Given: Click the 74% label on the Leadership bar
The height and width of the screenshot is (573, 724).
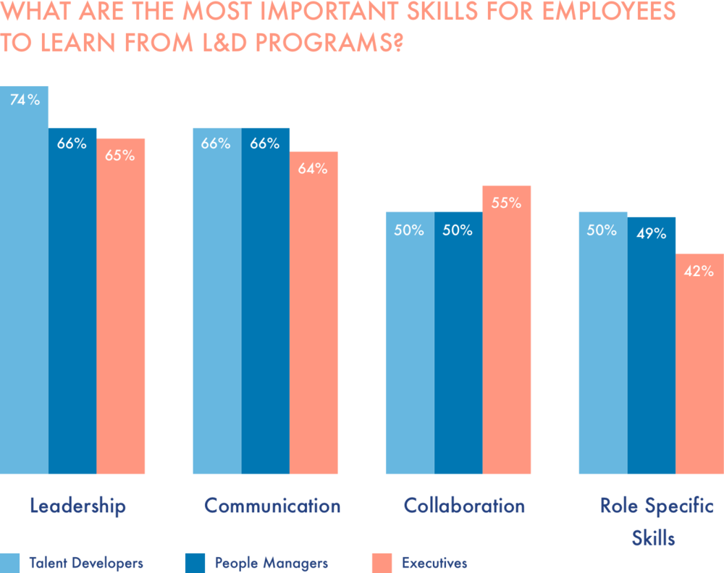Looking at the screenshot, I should [25, 101].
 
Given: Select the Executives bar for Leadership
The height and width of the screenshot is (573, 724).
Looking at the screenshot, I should [122, 311].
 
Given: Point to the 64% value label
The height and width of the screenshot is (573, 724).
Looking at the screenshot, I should [313, 169].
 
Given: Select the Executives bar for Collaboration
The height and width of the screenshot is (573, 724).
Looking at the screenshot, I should [507, 333].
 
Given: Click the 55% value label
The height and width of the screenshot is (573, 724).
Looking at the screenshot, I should [506, 204].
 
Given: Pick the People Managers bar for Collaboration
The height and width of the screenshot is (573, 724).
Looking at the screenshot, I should [458, 348].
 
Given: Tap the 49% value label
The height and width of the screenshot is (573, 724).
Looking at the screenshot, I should [652, 234].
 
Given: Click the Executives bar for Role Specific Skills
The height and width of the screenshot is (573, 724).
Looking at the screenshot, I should [699, 369].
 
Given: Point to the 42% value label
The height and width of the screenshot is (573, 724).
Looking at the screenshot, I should [699, 272].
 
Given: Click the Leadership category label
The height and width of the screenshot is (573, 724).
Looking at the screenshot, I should [77, 506].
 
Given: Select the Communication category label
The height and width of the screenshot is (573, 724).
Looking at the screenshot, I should [272, 506].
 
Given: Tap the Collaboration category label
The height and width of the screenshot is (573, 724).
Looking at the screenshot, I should [464, 506].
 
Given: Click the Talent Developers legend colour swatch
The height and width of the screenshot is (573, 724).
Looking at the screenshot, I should [10, 563].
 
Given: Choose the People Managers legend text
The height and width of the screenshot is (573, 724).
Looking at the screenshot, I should [271, 563].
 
